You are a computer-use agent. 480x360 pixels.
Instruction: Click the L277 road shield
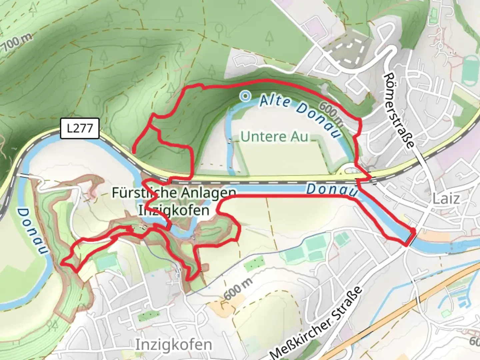tap(80, 128)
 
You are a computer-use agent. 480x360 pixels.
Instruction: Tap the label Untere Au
tap(274, 137)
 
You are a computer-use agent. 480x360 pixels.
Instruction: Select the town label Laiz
tap(446, 199)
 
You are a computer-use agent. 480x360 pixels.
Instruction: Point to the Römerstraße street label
tap(399, 110)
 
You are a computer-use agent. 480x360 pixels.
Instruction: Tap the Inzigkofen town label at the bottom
tap(173, 344)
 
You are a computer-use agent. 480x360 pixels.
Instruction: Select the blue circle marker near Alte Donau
tap(245, 96)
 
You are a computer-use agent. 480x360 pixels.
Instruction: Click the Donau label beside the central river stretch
tap(332, 190)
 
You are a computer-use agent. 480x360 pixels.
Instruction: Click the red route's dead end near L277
tap(133, 152)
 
